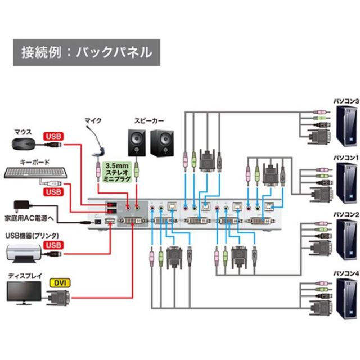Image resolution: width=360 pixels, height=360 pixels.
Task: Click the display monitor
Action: pyautogui.click(x=23, y=293)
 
